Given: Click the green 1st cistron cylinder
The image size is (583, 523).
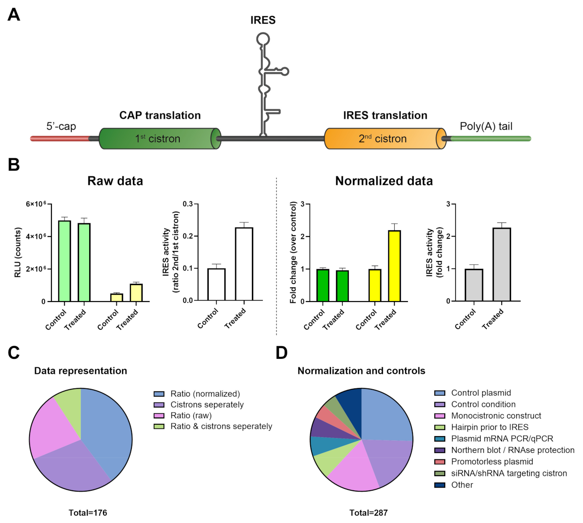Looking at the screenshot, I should (x=159, y=139).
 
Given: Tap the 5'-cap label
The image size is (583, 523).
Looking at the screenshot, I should (x=61, y=126).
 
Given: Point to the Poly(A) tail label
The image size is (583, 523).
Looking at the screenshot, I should (x=486, y=126).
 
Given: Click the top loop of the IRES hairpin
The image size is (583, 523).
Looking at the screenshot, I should (x=262, y=39).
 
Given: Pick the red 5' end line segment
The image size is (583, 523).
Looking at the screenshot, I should (x=59, y=139).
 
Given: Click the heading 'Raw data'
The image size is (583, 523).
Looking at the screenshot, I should (x=115, y=181).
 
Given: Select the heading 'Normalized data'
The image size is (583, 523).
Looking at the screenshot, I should (x=384, y=181).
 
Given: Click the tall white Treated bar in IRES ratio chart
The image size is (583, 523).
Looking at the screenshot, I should (x=244, y=264).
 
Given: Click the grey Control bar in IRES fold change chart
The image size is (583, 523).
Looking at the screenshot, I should (x=474, y=285).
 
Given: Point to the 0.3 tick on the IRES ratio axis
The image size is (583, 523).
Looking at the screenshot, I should (x=188, y=204).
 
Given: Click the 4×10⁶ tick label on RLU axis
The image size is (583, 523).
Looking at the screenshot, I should (x=36, y=236).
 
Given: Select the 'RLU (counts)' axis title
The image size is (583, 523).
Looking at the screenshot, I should (x=18, y=252).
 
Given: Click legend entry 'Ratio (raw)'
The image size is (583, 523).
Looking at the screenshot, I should (x=191, y=415).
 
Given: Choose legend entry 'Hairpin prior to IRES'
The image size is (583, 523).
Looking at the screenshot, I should (x=489, y=427).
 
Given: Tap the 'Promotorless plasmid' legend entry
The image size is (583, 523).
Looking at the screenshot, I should (x=492, y=462).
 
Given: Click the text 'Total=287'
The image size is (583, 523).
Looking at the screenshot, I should (x=368, y=513).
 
